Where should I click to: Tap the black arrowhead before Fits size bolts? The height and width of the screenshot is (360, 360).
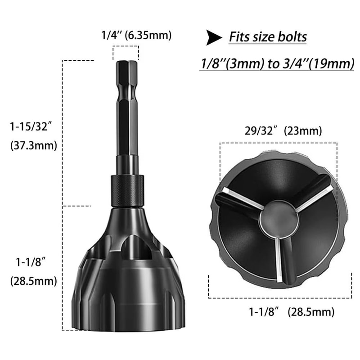tap(213, 38)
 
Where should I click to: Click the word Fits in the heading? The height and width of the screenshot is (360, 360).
tap(240, 36)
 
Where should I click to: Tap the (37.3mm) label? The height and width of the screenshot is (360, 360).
tap(33, 146)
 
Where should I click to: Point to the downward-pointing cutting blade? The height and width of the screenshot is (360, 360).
tap(284, 259)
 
